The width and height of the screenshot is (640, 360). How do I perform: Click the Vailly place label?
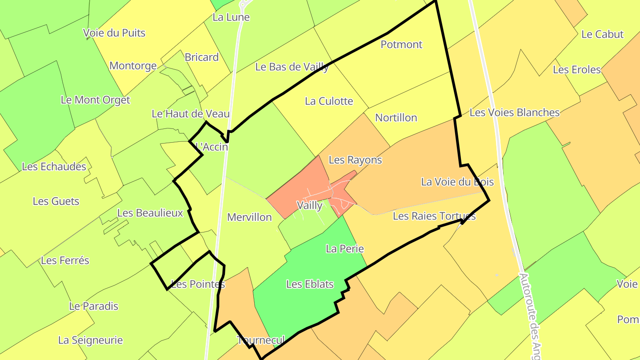pyautogui.click(x=310, y=205)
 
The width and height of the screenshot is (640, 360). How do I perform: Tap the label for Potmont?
pyautogui.click(x=401, y=44)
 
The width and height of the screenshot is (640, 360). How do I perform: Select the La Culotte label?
pyautogui.click(x=329, y=101)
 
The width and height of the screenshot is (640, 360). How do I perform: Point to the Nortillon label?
pyautogui.click(x=396, y=118)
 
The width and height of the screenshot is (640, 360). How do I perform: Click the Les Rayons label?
pyautogui.click(x=355, y=160)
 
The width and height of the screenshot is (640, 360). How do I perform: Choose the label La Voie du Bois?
pyautogui.click(x=457, y=182)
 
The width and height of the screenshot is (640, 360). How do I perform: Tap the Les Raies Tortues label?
pyautogui.click(x=434, y=216)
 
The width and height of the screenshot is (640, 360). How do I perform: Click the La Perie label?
pyautogui.click(x=345, y=249)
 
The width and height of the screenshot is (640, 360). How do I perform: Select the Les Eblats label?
pyautogui.click(x=310, y=284)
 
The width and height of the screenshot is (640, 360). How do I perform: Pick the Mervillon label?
pyautogui.click(x=249, y=217)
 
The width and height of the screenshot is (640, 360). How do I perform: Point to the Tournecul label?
pyautogui.click(x=261, y=340)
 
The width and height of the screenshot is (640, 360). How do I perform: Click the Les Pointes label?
pyautogui.click(x=198, y=284)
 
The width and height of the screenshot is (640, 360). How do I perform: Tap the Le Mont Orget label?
pyautogui.click(x=96, y=100)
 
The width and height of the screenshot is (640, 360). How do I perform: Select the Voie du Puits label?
pyautogui.click(x=114, y=33)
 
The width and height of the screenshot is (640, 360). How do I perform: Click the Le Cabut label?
pyautogui.click(x=602, y=35)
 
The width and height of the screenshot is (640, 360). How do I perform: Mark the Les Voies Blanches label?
pyautogui.click(x=514, y=113)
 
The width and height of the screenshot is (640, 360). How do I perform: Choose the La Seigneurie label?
pyautogui.click(x=90, y=340)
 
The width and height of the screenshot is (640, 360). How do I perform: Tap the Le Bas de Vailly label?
pyautogui.click(x=292, y=67)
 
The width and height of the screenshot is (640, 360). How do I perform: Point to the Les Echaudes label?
pyautogui.click(x=54, y=167)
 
